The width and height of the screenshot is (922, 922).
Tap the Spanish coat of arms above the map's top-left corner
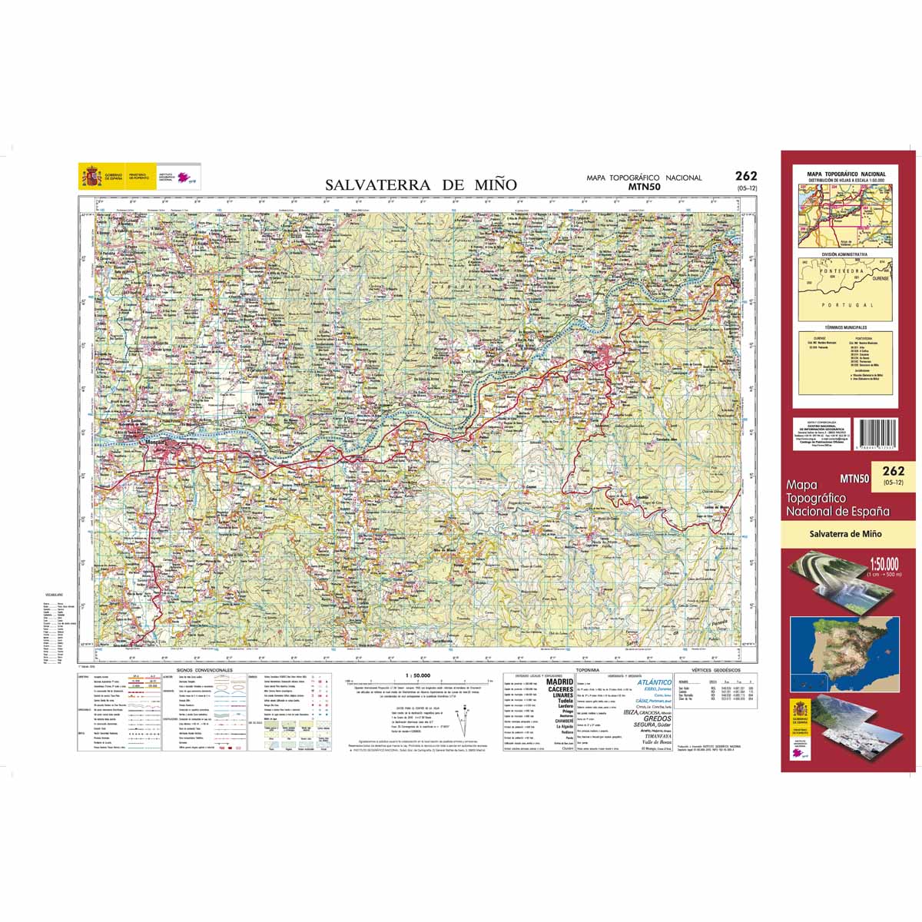click(91, 177)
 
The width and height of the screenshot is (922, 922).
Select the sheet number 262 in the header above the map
click(745, 176)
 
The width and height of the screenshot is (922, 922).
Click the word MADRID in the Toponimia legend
click(559, 682)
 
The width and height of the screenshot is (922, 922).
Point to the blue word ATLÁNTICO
click(655, 682)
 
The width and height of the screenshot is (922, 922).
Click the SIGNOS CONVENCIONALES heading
click(204, 670)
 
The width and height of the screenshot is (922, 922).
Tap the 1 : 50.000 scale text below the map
click(416, 675)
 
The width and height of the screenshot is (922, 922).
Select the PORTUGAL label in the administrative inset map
click(842, 306)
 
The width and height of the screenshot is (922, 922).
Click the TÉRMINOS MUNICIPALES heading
click(844, 327)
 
